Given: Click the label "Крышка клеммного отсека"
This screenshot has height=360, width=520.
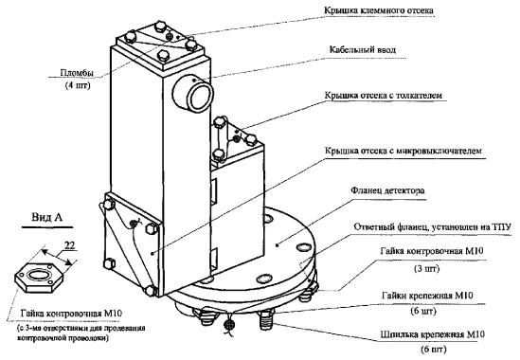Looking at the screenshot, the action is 378,10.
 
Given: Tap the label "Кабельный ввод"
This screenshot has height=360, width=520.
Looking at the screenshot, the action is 363,50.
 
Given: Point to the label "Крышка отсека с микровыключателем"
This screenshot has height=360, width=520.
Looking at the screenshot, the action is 403,151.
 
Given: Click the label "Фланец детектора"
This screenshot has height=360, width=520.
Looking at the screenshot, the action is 387,190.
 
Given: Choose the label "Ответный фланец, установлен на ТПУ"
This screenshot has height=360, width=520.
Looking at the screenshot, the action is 433,227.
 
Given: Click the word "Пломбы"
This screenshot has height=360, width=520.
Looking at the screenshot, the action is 77,73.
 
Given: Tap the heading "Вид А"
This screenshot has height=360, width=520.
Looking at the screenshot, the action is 47,217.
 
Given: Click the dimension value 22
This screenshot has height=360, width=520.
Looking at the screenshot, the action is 69,245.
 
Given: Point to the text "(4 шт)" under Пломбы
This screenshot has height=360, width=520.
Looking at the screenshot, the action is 78,85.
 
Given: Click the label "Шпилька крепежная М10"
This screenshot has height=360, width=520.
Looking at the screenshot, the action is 433,334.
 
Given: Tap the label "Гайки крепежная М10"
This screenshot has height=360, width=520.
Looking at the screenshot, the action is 427,295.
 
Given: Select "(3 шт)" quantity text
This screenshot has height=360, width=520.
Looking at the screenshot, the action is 427,268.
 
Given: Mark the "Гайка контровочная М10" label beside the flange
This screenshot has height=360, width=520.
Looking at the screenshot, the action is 432,250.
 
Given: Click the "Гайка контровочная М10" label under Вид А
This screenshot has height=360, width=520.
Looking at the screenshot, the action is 72,314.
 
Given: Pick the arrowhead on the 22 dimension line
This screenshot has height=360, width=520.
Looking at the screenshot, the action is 68,262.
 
